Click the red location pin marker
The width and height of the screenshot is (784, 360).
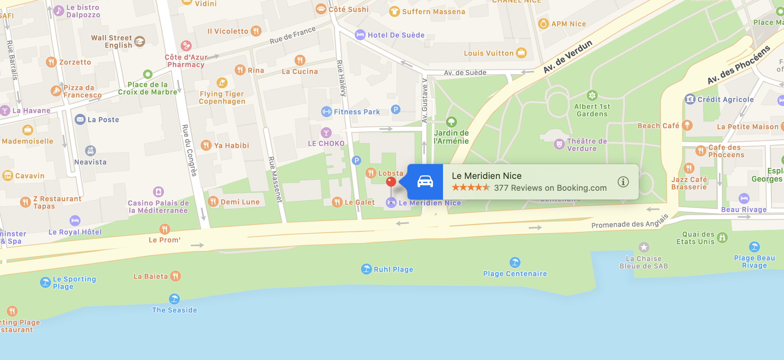[x=391, y=181]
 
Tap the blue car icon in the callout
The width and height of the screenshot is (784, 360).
[x=425, y=182]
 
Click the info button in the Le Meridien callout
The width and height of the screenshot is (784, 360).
[x=623, y=182]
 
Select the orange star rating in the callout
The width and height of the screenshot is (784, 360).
[x=471, y=188]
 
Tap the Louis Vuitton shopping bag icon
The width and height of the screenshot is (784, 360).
[x=521, y=53]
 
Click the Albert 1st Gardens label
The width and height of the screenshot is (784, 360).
[x=592, y=110]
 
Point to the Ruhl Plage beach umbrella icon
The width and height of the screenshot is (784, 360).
[x=366, y=269]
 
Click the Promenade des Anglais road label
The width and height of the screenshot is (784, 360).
[x=630, y=222]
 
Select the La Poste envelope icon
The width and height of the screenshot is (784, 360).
[x=80, y=119]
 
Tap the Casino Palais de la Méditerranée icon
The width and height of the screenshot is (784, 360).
[x=158, y=192]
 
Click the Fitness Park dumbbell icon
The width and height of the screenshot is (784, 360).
[x=326, y=112]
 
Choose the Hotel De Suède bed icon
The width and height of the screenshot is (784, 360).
[x=360, y=35]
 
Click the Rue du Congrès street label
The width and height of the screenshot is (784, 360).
[x=189, y=150]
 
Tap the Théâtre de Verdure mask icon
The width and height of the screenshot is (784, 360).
[x=559, y=144]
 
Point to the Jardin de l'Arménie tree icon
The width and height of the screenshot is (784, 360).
[x=451, y=122]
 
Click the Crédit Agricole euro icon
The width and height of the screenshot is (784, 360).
[x=690, y=99]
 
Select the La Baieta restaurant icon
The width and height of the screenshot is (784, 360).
[x=175, y=276]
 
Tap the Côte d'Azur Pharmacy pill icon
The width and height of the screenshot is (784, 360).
[x=186, y=46]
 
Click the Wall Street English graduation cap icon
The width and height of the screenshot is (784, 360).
[x=140, y=41]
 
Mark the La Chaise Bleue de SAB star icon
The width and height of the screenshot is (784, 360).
[x=644, y=247]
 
